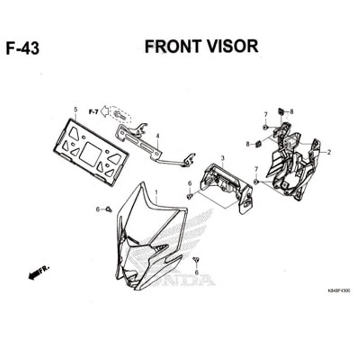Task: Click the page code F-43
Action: click(x=23, y=48)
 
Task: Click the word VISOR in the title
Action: click(x=231, y=46)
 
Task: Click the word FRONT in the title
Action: click(x=172, y=46)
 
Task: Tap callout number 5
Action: click(x=75, y=109)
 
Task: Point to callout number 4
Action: click(x=157, y=136)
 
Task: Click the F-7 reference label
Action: click(x=93, y=112)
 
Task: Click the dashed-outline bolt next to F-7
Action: click(x=120, y=115)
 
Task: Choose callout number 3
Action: click(x=222, y=158)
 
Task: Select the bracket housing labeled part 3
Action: click(x=227, y=185)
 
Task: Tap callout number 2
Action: click(x=329, y=153)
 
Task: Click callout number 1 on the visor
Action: click(x=156, y=192)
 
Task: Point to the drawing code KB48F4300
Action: click(x=338, y=291)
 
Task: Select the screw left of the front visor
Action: click(x=108, y=209)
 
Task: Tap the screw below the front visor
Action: click(x=196, y=261)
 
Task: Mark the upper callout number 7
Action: click(x=265, y=114)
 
